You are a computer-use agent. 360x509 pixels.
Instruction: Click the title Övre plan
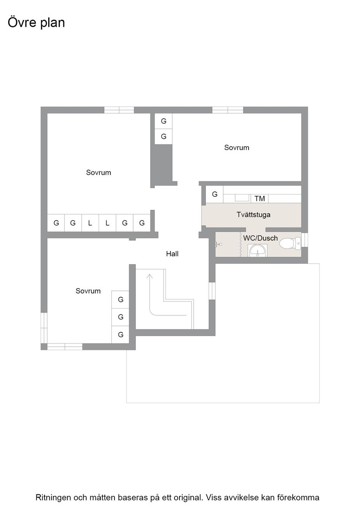pos(36,23)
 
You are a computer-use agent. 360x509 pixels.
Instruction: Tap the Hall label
pos(172,254)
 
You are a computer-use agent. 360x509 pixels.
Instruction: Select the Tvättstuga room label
pos(254,215)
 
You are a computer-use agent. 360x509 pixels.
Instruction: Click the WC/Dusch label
pos(260,238)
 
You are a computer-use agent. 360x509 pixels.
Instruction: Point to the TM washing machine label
pos(260,198)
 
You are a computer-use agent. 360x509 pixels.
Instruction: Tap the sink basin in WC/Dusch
pos(258,250)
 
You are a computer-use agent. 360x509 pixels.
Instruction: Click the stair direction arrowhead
pos(150,277)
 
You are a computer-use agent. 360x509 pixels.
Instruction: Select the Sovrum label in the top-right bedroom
pos(237,147)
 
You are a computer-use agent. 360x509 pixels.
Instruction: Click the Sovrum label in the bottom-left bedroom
pos(88,291)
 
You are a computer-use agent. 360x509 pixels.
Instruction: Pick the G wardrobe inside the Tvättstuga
pos(215,194)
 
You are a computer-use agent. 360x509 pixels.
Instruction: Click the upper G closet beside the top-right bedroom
pos(163,121)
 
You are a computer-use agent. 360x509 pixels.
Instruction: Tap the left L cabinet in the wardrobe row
pos(90,223)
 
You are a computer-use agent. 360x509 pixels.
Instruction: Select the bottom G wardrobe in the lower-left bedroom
pos(120,334)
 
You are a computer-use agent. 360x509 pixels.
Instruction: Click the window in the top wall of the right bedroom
pos(228,110)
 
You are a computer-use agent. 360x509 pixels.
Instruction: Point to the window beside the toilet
pos(305,240)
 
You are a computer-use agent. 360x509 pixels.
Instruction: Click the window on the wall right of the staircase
pos(212,291)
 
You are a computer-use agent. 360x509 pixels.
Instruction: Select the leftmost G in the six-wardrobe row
pos(56,223)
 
